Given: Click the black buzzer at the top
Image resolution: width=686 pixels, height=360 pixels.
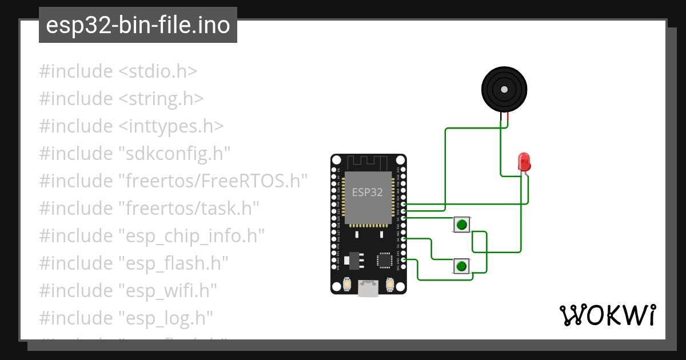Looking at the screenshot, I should coord(504,89).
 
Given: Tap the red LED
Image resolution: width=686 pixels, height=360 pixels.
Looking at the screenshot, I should coord(523,162).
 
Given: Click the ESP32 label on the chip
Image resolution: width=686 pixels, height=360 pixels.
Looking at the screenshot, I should coord(368,192).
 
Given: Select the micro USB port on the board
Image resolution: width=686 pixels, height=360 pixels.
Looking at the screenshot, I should coord(368,288).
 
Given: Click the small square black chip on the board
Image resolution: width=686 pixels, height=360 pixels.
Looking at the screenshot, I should coord(384,260).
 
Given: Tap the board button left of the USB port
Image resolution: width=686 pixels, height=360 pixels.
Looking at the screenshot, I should coord(347,284).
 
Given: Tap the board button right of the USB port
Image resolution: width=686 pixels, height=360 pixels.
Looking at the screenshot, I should coord(390,284).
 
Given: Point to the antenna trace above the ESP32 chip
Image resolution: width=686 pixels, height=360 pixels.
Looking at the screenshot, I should coord(369,162).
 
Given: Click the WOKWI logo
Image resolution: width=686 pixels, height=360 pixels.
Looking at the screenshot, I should coord(607,315).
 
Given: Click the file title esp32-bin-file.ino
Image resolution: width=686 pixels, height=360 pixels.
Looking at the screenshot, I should coord(138,25).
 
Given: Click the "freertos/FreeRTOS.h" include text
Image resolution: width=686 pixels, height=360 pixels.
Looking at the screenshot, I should coord(213,181).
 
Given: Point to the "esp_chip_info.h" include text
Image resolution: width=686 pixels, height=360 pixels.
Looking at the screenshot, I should coord(191,235).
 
